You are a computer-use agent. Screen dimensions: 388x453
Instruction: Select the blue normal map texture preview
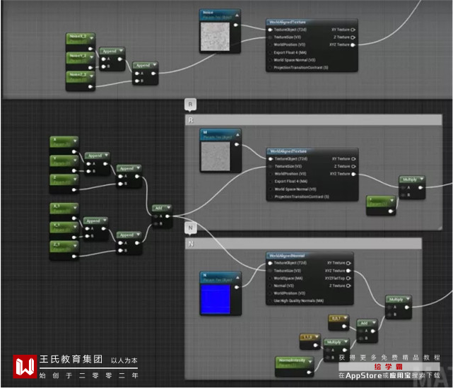click(x=216, y=298)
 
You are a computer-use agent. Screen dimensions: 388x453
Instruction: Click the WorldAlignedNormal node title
click(x=293, y=256)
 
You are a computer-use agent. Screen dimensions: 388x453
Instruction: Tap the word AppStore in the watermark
click(x=365, y=375)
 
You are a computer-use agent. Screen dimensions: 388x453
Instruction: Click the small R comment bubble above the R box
click(x=190, y=105)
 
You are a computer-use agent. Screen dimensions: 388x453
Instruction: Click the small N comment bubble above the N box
click(x=190, y=228)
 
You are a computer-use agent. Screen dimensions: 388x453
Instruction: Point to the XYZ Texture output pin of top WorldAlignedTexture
click(x=353, y=45)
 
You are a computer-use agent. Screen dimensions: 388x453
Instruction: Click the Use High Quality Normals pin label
click(x=299, y=300)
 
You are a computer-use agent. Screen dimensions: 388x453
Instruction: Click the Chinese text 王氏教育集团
click(x=71, y=359)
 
